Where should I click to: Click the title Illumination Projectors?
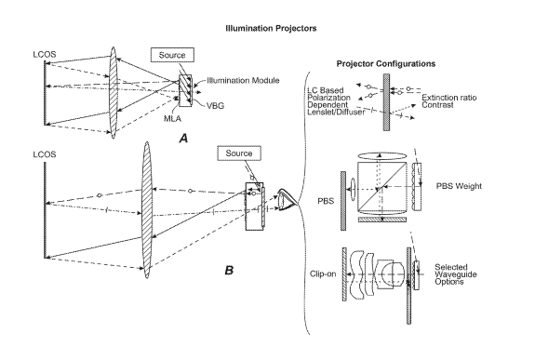coord(271,28)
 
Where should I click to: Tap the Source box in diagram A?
coord(172,55)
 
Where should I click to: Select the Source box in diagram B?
coord(239,153)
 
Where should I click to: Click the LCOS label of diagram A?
coord(45,54)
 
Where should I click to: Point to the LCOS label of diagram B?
coord(45,154)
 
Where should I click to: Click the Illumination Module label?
coord(243,81)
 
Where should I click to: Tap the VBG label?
coord(215,105)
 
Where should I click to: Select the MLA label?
coord(172,118)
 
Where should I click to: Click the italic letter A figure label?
coord(183,139)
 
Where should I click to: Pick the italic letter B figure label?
coord(229,271)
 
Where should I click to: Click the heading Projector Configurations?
coord(386,64)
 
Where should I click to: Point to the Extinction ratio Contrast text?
coord(449,101)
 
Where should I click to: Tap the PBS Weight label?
coord(459,186)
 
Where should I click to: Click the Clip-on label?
coord(323,273)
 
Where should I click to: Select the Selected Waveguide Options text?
coord(456,274)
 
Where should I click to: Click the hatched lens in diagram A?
coord(114,93)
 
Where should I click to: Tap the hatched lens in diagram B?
coord(146,210)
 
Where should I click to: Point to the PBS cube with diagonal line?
coord(382,186)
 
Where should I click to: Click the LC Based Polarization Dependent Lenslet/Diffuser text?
coord(336,101)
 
